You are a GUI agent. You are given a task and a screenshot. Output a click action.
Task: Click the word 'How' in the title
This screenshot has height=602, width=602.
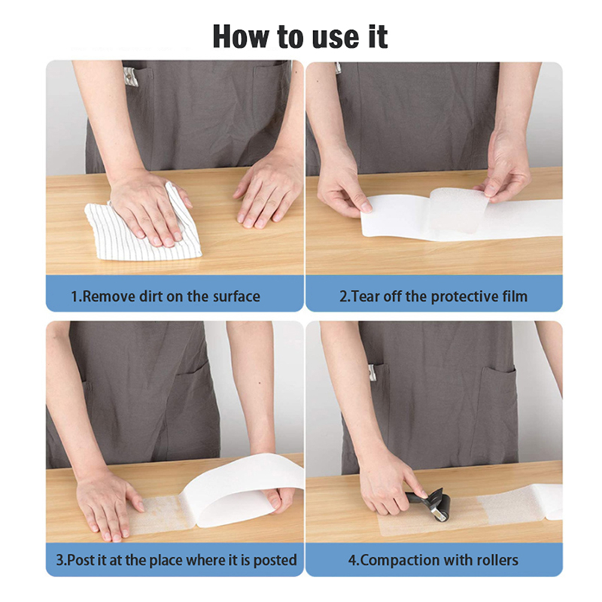pos(241,36)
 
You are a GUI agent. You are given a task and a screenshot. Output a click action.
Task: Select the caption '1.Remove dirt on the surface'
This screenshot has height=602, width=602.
pos(166,296)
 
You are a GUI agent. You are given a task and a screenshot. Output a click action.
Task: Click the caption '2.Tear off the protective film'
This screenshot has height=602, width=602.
pos(433,296)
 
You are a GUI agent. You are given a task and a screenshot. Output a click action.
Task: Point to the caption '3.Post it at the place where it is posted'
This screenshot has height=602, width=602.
pos(177,560)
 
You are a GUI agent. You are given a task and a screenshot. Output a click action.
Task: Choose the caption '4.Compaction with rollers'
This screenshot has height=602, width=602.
pos(433,560)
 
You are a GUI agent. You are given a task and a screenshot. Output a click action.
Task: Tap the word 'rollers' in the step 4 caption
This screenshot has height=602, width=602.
pos(497,560)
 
